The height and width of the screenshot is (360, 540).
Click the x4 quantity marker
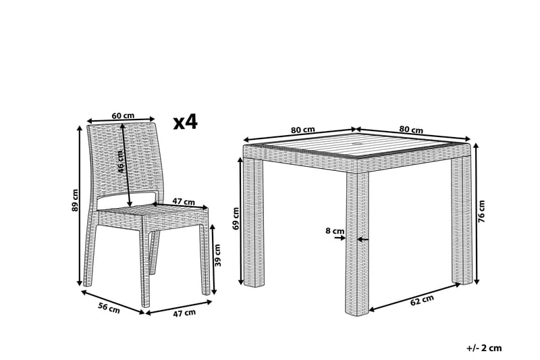pos(185,122)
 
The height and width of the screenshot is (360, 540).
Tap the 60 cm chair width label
pos(123,115)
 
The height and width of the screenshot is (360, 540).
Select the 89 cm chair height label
pos(76,200)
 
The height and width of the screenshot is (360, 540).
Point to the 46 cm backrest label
pos(119,162)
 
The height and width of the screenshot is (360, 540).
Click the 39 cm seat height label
pos(217,255)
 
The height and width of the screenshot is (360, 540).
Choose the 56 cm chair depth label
pos(109,308)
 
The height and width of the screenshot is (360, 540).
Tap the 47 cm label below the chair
pos(184,313)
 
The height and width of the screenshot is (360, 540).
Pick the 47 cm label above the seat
pos(184,202)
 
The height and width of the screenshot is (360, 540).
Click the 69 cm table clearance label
pos(236,218)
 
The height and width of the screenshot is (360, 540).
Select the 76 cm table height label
pos(481,211)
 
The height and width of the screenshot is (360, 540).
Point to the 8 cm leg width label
pos(335,230)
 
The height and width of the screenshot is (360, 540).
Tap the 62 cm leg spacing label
pos(422,301)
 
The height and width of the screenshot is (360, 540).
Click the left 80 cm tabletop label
pos(303,130)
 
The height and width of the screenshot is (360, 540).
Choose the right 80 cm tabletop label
pos(411,130)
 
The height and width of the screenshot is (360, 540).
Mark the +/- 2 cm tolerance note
pos(484,348)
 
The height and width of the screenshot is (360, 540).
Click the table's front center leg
pos(357,243)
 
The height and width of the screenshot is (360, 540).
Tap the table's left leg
pos(254,222)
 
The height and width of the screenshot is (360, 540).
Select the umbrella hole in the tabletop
pos(358,143)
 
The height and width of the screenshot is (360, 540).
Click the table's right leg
pos(462,221)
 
